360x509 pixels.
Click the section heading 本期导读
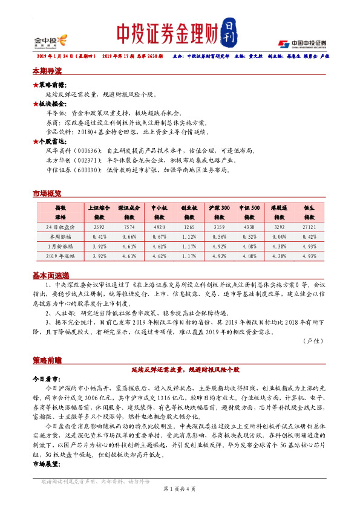point(46,71)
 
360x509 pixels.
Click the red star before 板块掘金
point(35,103)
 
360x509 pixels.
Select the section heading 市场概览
point(46,193)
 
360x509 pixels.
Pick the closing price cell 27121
point(309,227)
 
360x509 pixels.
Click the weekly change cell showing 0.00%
point(279,236)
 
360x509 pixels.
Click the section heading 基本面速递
point(50,275)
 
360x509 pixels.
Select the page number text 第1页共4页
point(179,488)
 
